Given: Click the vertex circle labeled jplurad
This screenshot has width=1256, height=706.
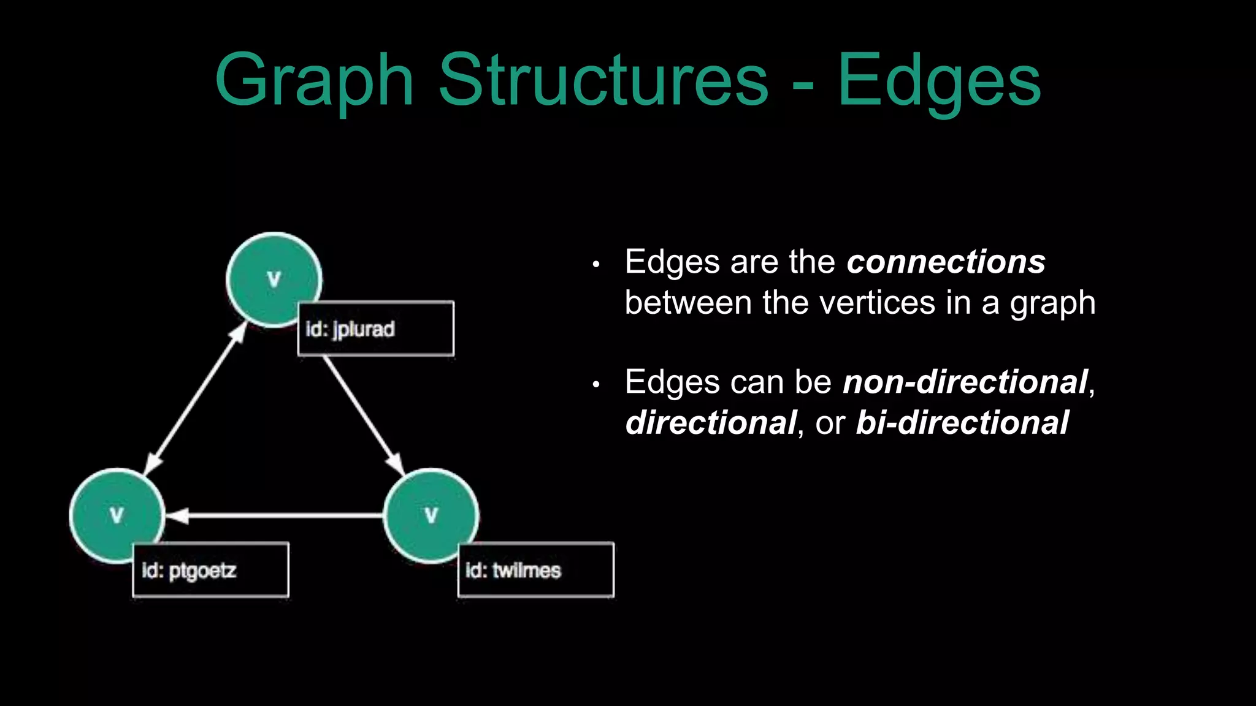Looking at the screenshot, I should [x=274, y=279].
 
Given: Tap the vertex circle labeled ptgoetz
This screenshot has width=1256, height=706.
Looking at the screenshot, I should [x=117, y=515].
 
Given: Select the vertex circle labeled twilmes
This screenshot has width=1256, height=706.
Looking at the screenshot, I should [x=431, y=515].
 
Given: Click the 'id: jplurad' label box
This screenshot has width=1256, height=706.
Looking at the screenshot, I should [x=375, y=329].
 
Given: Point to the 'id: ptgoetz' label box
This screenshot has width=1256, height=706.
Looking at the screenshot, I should [x=210, y=571].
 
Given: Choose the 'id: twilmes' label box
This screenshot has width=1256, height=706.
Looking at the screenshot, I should [x=535, y=571].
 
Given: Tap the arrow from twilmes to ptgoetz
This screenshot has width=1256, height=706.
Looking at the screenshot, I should [x=276, y=516].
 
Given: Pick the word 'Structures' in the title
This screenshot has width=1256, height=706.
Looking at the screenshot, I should [x=603, y=80].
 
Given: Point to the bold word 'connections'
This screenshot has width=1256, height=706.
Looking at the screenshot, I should [x=946, y=262].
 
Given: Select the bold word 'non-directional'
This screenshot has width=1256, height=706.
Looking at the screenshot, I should [x=965, y=382].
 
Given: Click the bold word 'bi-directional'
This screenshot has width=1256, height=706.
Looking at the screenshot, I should [x=962, y=423].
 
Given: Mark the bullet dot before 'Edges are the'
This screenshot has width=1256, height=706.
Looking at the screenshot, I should [x=595, y=265].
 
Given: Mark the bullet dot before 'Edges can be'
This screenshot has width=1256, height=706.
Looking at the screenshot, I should [x=595, y=385].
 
